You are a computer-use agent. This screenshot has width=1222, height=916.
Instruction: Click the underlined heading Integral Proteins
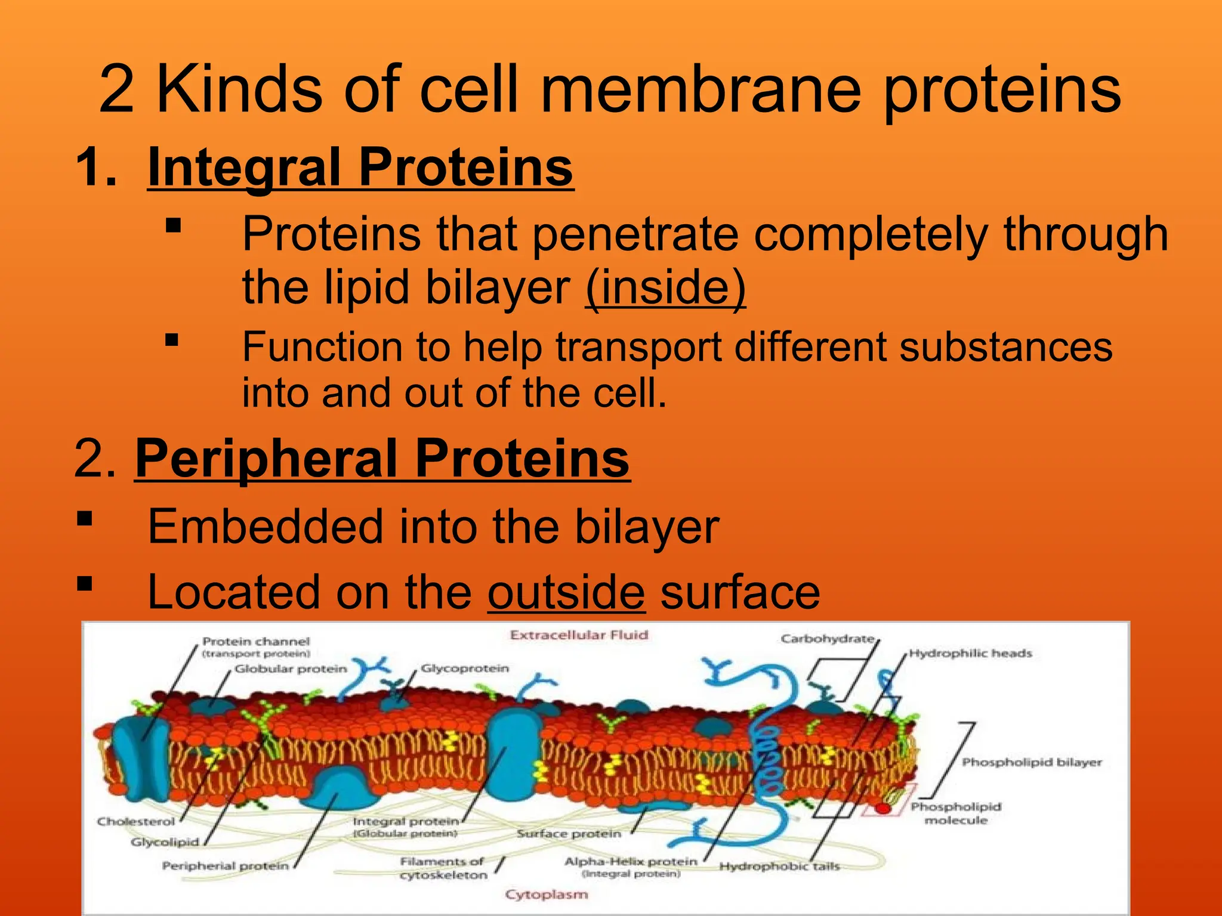pos(360,168)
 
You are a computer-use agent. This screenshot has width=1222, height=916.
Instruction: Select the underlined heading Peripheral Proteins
pos(382,459)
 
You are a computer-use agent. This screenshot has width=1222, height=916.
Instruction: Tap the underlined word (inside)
pos(665,287)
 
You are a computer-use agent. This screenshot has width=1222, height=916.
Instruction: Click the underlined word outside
pos(566,592)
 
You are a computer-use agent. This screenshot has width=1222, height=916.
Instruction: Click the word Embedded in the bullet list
pos(265,527)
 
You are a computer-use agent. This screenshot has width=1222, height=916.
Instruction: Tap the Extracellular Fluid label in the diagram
pos(579,635)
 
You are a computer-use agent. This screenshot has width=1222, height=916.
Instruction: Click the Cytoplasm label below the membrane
pos(546,895)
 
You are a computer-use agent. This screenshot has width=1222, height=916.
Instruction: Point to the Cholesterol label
pos(136,822)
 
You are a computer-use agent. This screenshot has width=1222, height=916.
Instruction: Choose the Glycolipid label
pos(165,842)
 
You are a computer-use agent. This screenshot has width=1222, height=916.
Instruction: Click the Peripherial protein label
pos(225,865)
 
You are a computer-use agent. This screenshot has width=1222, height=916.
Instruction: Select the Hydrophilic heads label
pos(970,654)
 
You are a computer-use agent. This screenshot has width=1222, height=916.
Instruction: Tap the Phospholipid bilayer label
pos(1032,762)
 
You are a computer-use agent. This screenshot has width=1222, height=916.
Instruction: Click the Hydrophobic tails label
pos(779,867)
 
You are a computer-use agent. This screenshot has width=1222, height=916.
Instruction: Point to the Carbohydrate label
pos(827,639)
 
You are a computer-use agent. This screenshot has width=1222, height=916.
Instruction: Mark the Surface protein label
pos(569,834)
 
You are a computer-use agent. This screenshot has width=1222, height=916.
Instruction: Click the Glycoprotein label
pos(465,669)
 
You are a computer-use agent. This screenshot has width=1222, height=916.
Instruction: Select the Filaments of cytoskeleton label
pos(443,868)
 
